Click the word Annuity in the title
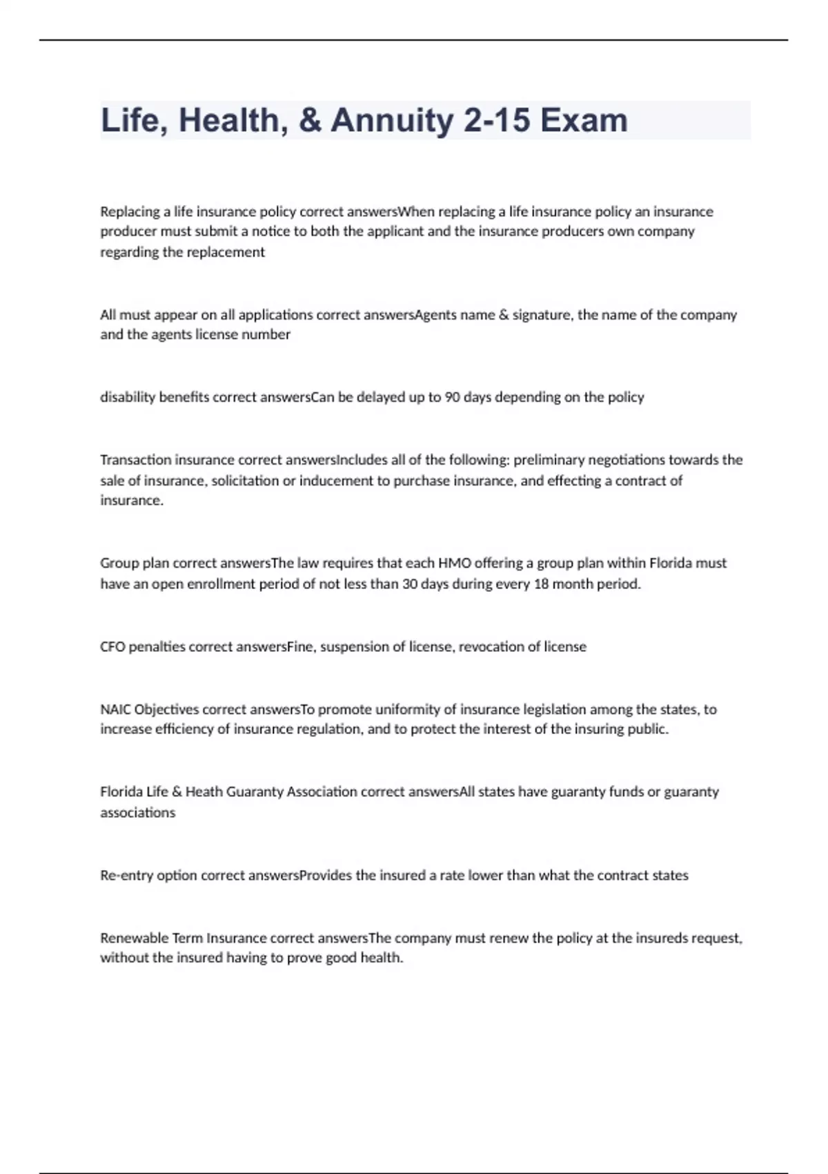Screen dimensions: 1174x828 pyautogui.click(x=392, y=121)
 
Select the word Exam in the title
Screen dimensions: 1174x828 pyautogui.click(x=584, y=121)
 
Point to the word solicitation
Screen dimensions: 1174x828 pyautogui.click(x=245, y=481)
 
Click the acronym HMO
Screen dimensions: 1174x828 pyautogui.click(x=454, y=564)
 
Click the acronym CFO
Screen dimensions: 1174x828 pyautogui.click(x=112, y=647)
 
